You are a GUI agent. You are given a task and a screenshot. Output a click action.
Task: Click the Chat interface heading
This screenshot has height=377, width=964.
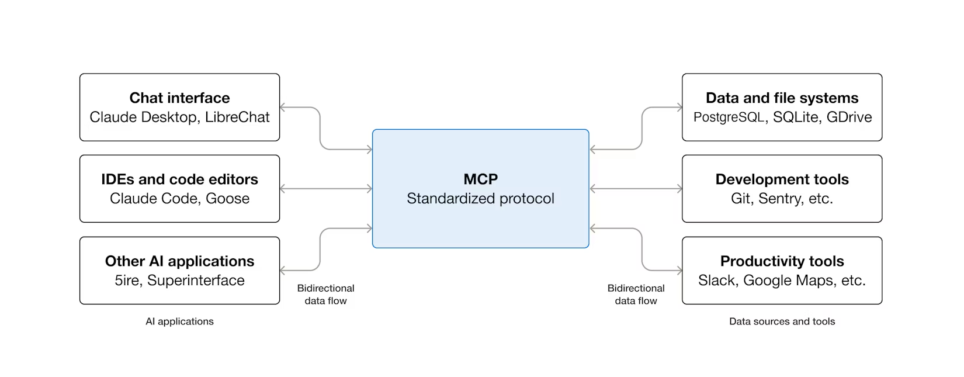(179, 98)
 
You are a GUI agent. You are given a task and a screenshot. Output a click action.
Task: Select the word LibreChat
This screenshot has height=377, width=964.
(237, 117)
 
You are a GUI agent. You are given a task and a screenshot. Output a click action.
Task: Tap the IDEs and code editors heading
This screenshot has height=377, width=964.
(179, 179)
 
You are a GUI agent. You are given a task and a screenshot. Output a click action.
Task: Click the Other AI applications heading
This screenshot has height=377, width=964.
(179, 261)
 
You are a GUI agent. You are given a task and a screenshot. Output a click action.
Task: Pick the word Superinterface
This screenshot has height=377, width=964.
(196, 281)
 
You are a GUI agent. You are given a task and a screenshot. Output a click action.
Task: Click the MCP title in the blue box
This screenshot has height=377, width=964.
(480, 179)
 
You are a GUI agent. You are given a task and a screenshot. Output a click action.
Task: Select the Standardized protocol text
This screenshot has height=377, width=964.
(480, 199)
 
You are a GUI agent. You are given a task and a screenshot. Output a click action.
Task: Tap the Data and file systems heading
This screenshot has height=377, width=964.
(782, 98)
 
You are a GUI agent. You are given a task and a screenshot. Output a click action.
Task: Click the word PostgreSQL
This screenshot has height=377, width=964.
(729, 117)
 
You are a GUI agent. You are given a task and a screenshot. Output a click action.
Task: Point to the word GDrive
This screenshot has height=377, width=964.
(849, 117)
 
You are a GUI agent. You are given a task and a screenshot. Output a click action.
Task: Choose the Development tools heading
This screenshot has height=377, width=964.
(782, 179)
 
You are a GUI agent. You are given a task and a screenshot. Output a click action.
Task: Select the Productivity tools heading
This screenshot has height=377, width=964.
(782, 261)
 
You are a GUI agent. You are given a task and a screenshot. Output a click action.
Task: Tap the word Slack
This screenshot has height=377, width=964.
(717, 281)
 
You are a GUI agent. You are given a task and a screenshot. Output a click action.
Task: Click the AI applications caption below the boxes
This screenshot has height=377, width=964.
(179, 321)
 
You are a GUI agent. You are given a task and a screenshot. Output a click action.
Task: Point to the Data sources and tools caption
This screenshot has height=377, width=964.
(782, 321)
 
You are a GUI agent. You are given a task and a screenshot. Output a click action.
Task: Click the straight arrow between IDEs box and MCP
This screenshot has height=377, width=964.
(326, 189)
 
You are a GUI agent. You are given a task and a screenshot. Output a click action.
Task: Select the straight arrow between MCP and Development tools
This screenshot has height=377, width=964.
(636, 189)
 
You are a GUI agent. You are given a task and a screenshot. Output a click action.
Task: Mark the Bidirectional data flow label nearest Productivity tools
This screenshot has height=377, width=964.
(636, 295)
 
